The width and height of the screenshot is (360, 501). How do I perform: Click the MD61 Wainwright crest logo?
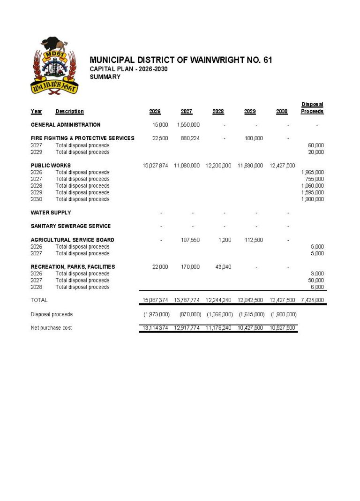54,65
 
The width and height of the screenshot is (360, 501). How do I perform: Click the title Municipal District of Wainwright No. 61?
180,60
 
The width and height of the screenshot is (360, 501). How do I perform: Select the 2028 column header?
218,112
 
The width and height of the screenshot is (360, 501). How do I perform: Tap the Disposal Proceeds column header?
312,108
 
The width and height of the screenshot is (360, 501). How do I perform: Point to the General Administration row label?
66,125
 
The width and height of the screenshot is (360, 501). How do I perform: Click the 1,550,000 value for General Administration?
188,125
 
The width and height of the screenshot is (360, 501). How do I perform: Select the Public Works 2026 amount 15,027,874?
155,166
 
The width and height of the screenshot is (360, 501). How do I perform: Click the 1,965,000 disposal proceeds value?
312,172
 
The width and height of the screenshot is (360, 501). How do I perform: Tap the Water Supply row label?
51,213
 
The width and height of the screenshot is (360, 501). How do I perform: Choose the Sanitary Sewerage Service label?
71,226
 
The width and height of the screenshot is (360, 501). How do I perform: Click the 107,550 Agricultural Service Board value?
190,240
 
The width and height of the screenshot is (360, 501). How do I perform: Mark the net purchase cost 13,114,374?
155,328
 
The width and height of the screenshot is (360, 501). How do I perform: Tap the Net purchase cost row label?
52,328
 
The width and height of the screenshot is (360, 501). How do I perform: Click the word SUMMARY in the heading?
105,77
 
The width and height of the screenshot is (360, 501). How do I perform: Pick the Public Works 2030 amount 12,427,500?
282,166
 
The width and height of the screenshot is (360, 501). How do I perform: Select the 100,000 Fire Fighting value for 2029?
254,138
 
